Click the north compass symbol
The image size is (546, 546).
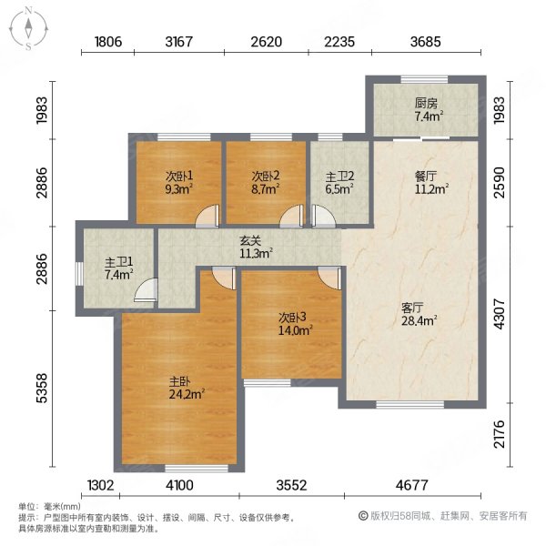(x=29, y=27)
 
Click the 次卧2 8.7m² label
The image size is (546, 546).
(x=265, y=183)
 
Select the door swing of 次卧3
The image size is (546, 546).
(x=329, y=277)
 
